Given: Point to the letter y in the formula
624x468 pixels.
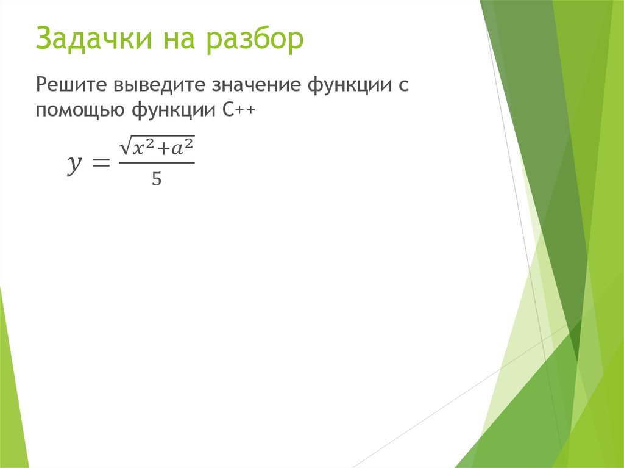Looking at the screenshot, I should (x=73, y=164).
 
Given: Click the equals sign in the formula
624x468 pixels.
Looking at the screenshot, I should (x=99, y=164).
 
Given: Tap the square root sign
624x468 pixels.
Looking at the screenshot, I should (x=125, y=146).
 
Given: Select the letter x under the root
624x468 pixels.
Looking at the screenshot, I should (x=138, y=149).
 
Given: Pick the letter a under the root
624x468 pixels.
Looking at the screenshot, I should (x=177, y=149).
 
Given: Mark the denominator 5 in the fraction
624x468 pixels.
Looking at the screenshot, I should (x=156, y=179).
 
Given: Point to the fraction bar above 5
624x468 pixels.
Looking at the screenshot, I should (x=156, y=163).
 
